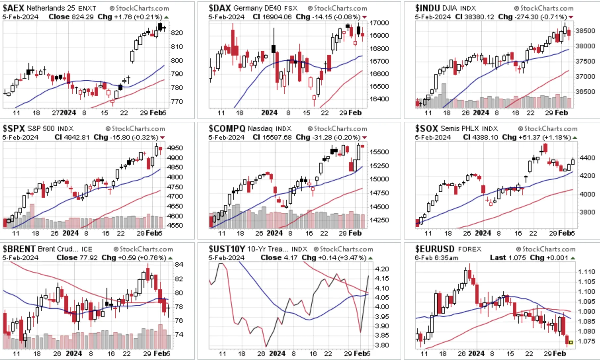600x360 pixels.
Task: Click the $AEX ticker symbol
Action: [x=14, y=8]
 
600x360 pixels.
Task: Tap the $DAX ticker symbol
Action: [x=220, y=8]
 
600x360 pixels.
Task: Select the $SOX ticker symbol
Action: [x=426, y=128]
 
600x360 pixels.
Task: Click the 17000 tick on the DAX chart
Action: [x=379, y=23]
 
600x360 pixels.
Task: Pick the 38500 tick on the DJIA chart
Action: [x=585, y=31]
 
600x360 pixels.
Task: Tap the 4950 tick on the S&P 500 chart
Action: [x=175, y=148]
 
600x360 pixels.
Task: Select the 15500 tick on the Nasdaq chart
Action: [x=379, y=152]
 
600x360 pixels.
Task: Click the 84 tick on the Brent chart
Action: [x=179, y=264]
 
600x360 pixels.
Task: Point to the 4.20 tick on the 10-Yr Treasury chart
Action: [x=382, y=269]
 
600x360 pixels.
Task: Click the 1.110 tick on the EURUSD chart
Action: [x=586, y=272]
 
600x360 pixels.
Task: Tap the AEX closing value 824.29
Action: [x=82, y=17]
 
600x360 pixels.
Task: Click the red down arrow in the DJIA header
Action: [x=571, y=17]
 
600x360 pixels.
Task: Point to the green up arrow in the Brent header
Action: [x=170, y=258]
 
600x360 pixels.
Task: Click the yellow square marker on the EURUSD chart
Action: [x=571, y=342]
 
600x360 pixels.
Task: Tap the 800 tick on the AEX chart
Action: [x=177, y=61]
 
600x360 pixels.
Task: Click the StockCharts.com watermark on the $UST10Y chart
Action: [x=343, y=249]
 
